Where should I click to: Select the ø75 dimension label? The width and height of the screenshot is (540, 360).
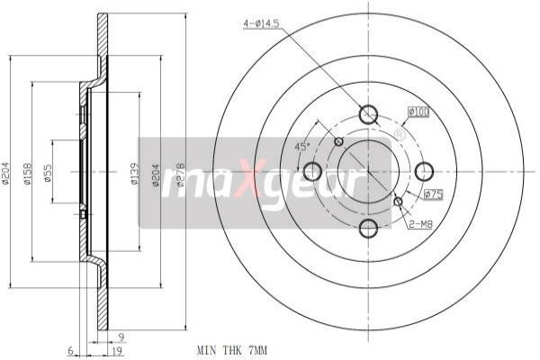pos(434,193)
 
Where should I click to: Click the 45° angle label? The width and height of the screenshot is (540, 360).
pos(302,147)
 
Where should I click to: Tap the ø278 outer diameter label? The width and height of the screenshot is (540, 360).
pos(180,177)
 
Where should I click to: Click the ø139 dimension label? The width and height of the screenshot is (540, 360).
pos(133,173)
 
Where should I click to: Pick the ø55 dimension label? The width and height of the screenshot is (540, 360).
pos(47,173)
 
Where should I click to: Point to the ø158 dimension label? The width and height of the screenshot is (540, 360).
pos(27,173)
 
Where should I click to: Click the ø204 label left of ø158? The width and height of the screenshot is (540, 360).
pos(6,173)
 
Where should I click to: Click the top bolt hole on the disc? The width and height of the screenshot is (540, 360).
pos(368,114)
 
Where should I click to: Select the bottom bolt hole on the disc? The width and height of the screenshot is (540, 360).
pos(368,228)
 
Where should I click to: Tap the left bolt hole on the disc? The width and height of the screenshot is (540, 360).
pos(312,171)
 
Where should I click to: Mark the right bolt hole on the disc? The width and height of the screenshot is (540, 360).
pos(424,171)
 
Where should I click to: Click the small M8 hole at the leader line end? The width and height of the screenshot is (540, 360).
pos(398,201)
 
